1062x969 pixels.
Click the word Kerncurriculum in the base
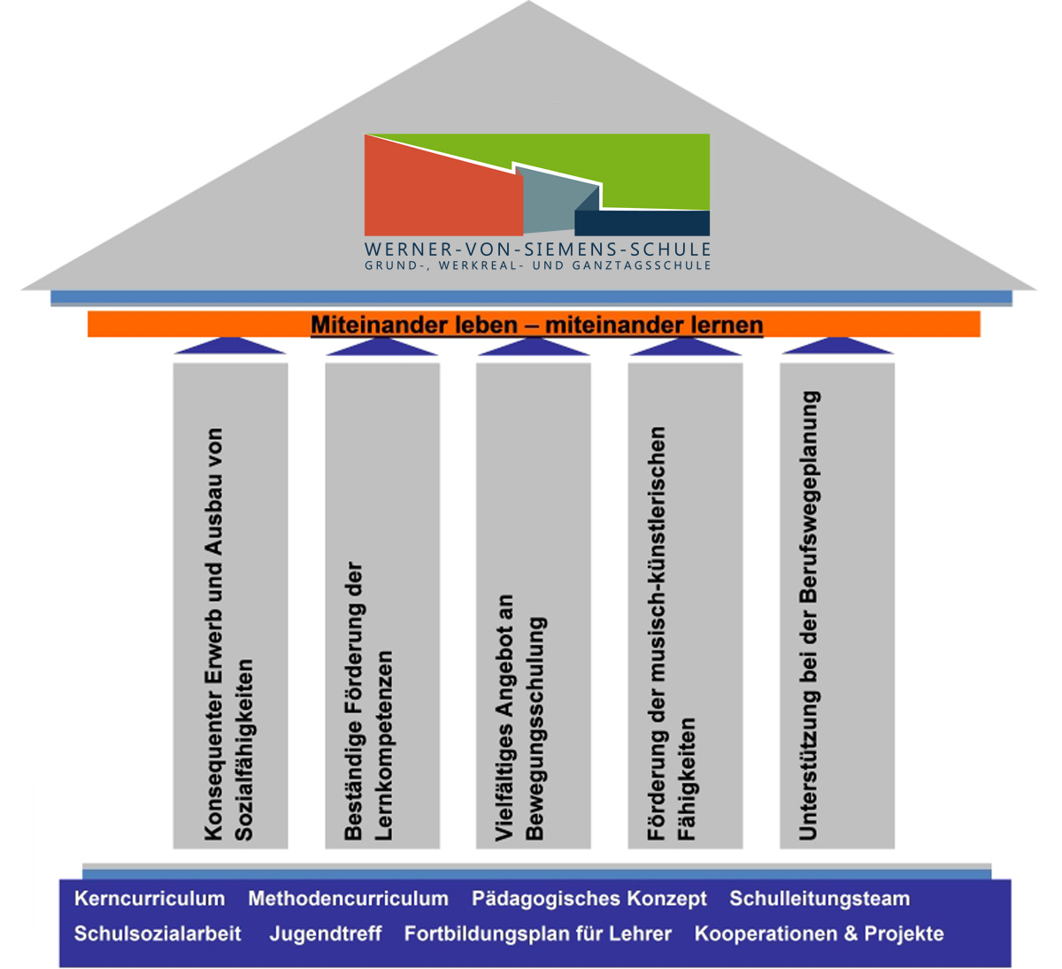coord(150,899)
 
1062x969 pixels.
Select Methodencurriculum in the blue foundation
coord(348,899)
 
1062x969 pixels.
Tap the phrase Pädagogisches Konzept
coord(589,899)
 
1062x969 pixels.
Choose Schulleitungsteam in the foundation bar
coord(820,899)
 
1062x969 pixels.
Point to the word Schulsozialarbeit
coord(158,934)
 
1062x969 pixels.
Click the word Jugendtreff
coord(326,934)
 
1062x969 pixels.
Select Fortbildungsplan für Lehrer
coord(538,934)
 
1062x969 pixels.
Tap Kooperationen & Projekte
coord(819,934)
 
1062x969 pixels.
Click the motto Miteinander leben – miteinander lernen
coord(536,325)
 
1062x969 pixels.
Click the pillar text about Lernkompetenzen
coord(368,699)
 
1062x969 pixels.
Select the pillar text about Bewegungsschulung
coord(519,717)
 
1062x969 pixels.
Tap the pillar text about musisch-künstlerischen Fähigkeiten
coord(671,633)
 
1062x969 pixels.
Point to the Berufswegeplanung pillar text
coord(809,615)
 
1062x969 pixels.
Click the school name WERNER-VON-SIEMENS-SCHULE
coord(537,250)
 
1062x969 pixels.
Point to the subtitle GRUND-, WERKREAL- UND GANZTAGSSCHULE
coord(537,265)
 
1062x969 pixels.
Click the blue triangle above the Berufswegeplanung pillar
coord(837,346)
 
